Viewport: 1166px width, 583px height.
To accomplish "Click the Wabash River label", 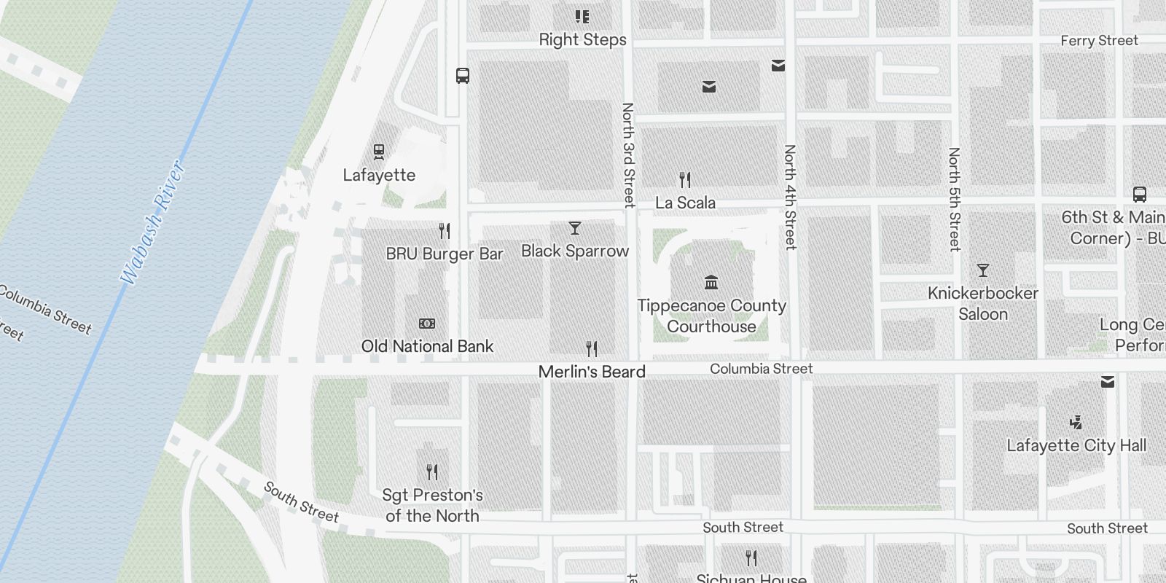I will click(153, 222).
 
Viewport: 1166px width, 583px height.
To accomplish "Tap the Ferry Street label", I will click(1099, 41).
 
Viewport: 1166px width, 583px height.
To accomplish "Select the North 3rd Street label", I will click(628, 154).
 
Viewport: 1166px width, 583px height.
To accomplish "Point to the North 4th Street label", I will click(790, 197).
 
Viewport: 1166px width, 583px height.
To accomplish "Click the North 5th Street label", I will click(954, 199).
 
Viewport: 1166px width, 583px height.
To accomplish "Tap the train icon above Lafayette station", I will click(378, 152).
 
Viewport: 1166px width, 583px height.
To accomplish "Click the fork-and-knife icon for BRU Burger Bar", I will click(445, 231).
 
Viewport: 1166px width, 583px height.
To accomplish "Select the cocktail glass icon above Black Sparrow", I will click(575, 228).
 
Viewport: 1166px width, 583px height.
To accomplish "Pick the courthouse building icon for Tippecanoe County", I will click(711, 282).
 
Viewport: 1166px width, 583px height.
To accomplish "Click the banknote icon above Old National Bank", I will click(427, 324).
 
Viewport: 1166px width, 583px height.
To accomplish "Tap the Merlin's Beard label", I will click(592, 372).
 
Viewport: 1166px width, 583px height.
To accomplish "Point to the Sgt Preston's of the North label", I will click(432, 505).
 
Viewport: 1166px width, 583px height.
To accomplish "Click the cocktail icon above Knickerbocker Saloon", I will click(983, 270).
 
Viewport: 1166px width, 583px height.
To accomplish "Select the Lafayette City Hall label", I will click(1076, 445).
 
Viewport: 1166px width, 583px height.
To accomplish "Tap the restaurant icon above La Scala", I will click(685, 179).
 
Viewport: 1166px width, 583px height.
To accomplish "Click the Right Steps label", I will click(582, 40).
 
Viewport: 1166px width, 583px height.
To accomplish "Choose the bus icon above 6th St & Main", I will click(1140, 195).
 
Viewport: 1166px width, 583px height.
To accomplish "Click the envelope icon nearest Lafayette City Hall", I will click(1108, 382).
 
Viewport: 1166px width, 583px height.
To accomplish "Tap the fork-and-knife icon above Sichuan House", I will click(751, 558).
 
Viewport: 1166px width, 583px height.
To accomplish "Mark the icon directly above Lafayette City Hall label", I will click(1076, 422).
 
